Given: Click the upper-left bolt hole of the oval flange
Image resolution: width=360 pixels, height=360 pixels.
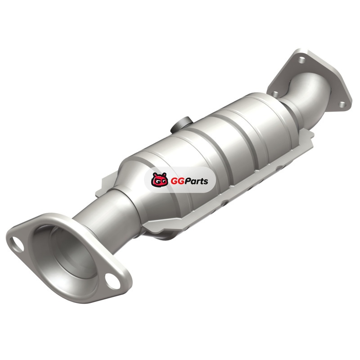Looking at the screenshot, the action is (17, 244).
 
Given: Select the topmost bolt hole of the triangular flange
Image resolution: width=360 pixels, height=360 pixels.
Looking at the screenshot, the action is (301, 60).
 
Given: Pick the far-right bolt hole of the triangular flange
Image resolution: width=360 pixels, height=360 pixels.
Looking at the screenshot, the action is (342, 104).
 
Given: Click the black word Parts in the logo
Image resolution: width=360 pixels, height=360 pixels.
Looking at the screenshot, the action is (194, 181).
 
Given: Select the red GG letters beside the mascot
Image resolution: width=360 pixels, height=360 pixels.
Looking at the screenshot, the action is (175, 181).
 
